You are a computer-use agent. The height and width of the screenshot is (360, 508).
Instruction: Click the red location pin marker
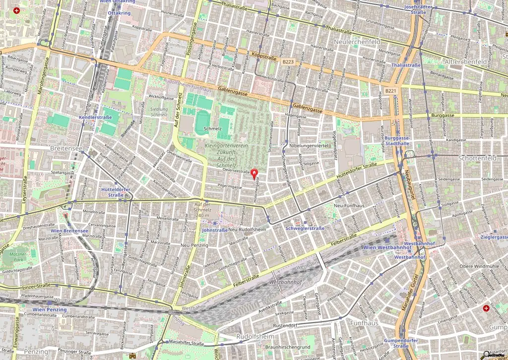point(255,174)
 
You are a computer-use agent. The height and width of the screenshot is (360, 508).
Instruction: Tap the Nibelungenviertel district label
point(309,146)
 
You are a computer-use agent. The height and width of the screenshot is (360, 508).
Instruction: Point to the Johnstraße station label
point(215,230)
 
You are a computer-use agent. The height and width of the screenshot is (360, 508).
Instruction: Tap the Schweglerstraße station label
point(305,228)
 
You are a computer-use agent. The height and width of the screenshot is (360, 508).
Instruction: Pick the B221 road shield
point(391,91)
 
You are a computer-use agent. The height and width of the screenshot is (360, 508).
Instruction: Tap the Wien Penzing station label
point(50,309)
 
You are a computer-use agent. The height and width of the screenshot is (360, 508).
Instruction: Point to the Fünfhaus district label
point(365,323)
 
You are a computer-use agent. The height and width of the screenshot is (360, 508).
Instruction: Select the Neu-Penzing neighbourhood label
point(194,245)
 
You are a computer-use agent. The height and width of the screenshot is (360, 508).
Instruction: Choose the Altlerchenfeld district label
point(466,62)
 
